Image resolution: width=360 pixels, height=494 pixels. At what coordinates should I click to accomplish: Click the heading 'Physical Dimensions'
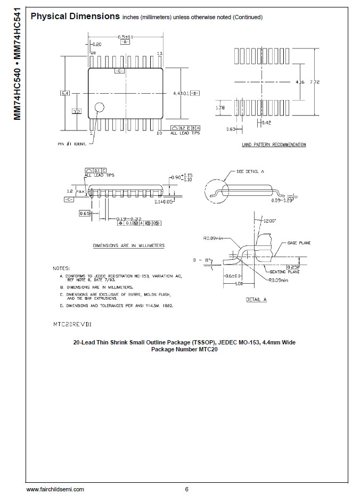75,17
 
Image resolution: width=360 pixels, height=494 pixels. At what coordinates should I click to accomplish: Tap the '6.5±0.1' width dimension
126,37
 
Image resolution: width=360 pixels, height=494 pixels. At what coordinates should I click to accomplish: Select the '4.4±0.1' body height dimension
181,94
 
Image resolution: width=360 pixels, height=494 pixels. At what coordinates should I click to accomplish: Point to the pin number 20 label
93,53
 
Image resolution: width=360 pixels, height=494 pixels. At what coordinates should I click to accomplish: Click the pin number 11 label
159,53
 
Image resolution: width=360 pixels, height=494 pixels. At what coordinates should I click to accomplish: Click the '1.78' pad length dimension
220,108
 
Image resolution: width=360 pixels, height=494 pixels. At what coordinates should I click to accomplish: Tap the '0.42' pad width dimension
267,123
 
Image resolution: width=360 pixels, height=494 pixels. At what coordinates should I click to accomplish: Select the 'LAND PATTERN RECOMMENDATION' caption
274,144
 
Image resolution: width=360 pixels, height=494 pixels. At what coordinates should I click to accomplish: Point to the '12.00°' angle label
270,220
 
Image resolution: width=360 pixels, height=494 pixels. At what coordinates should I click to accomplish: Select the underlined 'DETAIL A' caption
256,300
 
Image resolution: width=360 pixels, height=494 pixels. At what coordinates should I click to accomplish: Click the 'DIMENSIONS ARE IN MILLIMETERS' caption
128,245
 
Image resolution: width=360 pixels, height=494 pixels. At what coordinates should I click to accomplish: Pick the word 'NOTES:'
61,268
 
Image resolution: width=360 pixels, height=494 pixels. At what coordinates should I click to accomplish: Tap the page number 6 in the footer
186,489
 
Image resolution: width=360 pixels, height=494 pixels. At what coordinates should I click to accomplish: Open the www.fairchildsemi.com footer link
55,489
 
